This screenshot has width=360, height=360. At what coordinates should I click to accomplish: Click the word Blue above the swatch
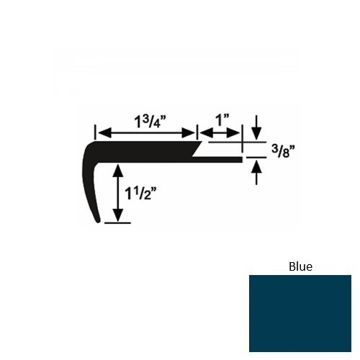click(300, 266)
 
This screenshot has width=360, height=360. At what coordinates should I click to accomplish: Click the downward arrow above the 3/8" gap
click(256, 135)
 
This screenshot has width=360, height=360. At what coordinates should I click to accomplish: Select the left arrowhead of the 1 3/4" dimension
click(101, 132)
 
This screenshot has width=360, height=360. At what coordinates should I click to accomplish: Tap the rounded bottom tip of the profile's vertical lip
click(99, 222)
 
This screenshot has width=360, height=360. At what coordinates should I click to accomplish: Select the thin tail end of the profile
click(239, 159)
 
